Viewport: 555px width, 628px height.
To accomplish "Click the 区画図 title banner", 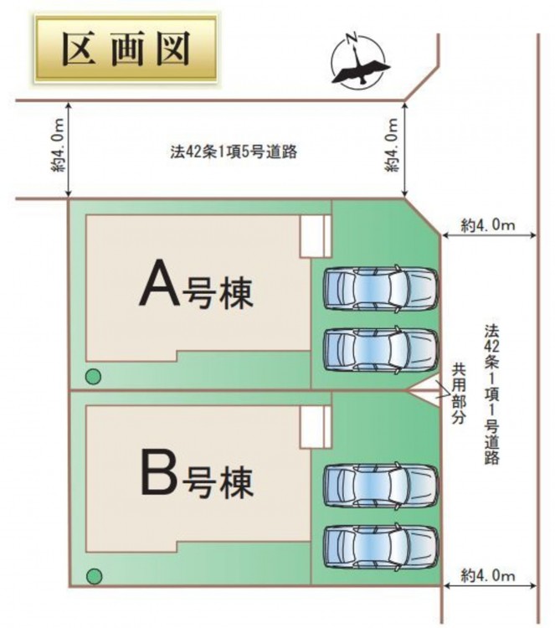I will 126,50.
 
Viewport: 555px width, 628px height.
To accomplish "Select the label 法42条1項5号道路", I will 234,153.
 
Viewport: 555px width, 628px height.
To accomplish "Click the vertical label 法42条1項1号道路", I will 491,393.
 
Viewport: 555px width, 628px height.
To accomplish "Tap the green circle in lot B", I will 95,575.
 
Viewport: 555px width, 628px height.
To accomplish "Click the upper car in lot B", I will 381,482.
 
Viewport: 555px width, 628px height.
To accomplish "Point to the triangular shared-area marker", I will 424,391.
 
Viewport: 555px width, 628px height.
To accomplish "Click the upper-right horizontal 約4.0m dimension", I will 488,224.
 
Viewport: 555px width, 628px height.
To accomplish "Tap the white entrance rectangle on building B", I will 316,428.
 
